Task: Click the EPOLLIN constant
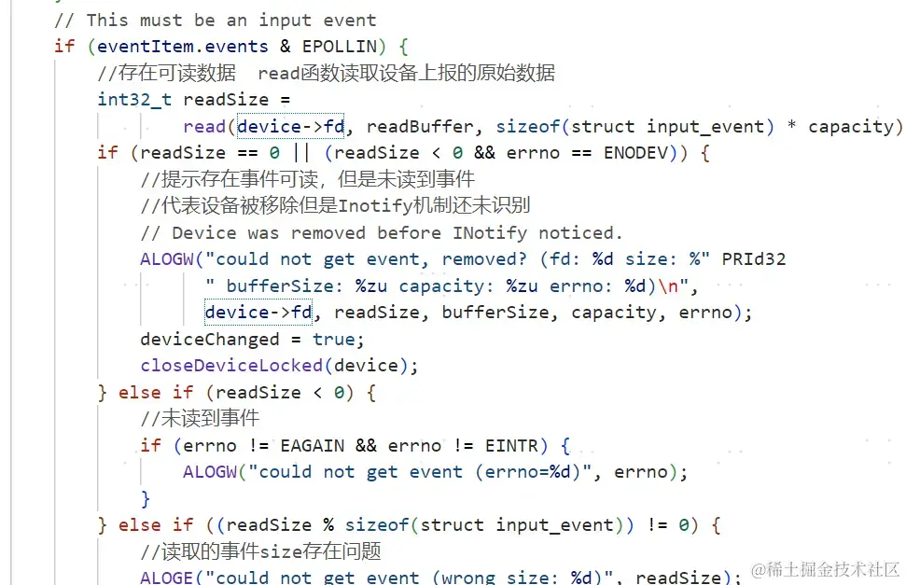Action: pos(339,45)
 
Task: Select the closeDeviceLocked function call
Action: pos(231,365)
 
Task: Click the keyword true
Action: pos(333,339)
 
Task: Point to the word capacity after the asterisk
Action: pos(855,127)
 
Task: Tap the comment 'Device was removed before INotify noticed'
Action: pos(382,232)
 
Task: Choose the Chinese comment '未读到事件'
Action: pos(200,418)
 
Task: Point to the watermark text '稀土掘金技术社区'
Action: pos(825,569)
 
